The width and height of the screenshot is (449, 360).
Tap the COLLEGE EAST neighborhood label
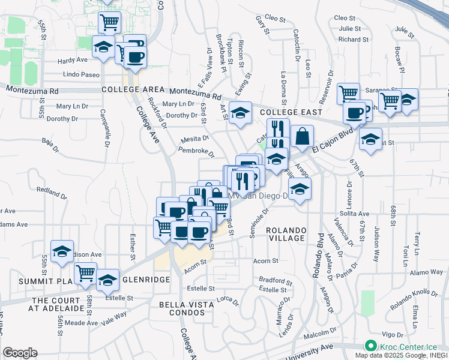[291, 112]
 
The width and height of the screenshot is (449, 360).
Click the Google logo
[20, 352]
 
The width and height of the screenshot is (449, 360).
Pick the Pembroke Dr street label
[196, 151]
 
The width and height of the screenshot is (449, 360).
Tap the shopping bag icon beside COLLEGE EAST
[302, 137]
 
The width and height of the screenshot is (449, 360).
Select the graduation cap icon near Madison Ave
[62, 252]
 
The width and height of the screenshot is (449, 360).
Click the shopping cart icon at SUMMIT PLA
[86, 273]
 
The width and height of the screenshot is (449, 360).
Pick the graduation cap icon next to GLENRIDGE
[107, 280]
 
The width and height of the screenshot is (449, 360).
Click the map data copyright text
[412, 355]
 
